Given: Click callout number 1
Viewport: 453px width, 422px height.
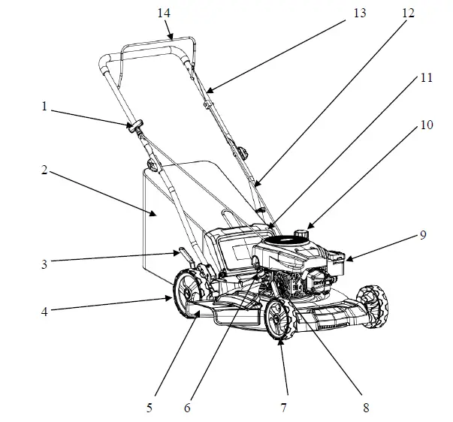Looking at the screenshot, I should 44,107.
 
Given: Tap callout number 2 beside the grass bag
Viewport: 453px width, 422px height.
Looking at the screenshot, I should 44,170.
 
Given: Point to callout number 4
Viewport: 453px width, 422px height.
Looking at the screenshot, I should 44,309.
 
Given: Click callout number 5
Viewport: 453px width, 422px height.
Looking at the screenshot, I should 150,408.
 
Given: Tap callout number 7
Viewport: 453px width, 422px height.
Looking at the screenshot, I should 284,408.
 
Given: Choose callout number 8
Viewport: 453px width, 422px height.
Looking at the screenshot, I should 365,408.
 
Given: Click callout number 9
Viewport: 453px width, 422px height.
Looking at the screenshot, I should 423,234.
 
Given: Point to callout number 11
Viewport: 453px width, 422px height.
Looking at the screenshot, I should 426,78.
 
